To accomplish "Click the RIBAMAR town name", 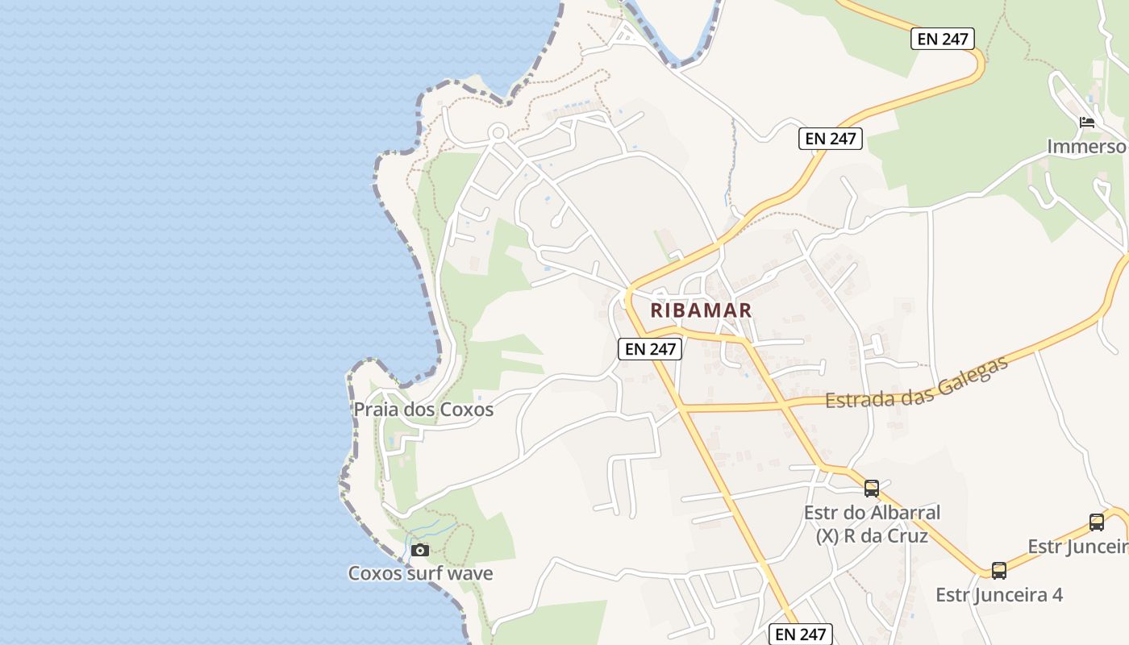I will pos(701,310).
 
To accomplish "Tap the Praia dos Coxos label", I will pos(423,410).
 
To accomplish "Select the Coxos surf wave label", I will pos(420,573).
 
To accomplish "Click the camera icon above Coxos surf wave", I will pos(419,550).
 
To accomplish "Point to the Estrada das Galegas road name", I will pos(916,384).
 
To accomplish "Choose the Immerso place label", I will pos(1086,147).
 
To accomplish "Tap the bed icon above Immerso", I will pos(1087,123).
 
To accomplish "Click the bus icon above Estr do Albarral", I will pos(872,488).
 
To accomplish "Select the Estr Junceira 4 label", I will pos(998,595).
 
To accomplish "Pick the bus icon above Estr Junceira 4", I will pos(999,571).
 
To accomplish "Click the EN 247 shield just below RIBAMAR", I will pos(651,349).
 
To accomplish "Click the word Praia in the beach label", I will pos(376,410).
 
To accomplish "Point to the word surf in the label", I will pos(420,573).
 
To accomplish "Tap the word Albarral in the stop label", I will pos(902,513).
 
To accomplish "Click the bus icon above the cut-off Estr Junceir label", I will pos(1097,522).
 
